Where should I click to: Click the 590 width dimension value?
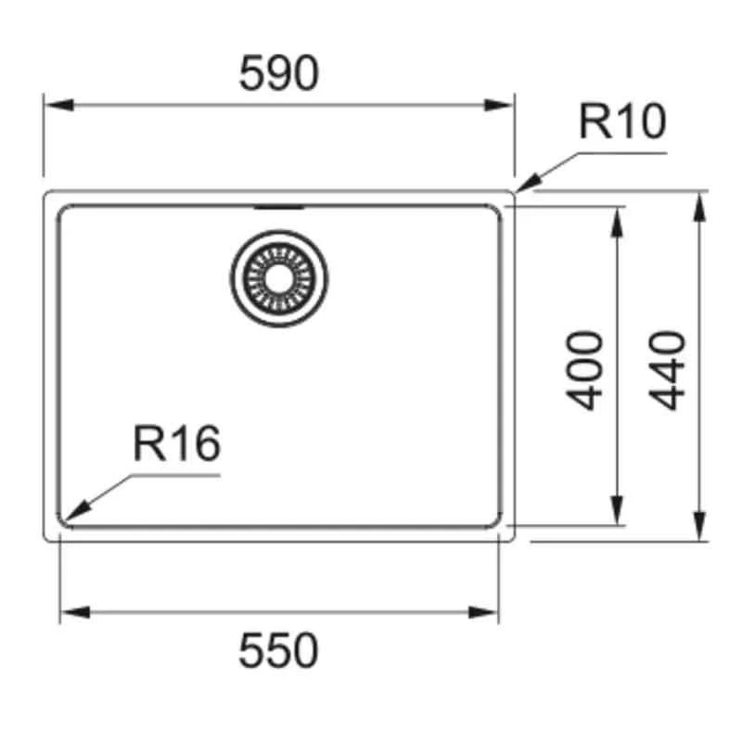[x=278, y=73]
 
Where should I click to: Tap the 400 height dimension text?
[x=586, y=369]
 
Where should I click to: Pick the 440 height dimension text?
[x=667, y=369]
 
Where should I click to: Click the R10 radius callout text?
[x=622, y=122]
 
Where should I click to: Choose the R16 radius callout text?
[x=177, y=444]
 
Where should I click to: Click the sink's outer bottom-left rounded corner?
[x=48, y=537]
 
